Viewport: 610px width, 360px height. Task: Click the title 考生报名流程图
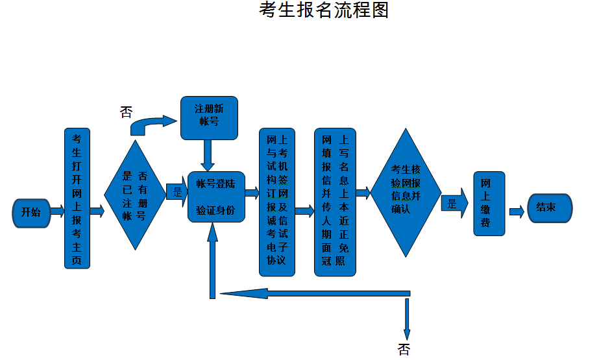323,11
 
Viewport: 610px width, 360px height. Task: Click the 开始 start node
31,211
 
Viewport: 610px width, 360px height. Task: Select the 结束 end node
550,208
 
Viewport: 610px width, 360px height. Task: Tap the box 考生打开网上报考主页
77,198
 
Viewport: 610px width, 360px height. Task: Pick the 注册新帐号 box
209,117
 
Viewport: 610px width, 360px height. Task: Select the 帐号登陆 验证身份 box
215,197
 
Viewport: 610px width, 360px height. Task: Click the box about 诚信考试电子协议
277,202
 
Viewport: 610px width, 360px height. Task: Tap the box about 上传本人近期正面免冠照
335,202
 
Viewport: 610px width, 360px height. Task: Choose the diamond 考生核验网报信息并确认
406,193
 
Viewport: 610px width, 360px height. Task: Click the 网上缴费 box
489,203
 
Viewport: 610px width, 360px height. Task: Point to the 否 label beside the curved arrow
127,112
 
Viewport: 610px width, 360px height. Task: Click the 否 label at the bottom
404,350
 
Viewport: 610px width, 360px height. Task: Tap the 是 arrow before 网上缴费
455,203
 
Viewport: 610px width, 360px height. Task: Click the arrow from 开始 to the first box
57,211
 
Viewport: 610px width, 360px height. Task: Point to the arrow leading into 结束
517,211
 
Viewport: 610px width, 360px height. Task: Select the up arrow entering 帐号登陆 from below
212,259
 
